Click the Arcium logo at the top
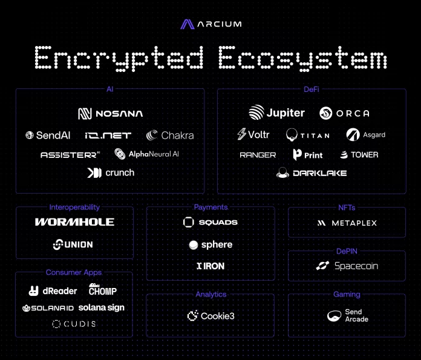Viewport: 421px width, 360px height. coord(211,24)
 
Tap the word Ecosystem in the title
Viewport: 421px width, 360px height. coord(302,58)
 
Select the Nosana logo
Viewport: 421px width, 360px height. coord(110,114)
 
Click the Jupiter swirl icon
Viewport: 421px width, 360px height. coord(256,113)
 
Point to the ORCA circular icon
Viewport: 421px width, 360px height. coord(325,113)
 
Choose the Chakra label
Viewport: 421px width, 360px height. coord(177,135)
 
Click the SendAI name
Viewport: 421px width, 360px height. coord(53,135)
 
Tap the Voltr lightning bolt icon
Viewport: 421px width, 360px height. coord(241,134)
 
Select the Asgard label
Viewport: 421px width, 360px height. coord(374,135)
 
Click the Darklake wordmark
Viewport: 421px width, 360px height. coord(320,173)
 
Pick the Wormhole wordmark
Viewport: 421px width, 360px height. coord(74,222)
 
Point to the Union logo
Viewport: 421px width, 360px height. coord(73,244)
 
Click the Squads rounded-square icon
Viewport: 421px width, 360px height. coord(189,222)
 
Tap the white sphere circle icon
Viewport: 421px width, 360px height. coord(194,245)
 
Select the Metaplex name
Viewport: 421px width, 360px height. coord(354,223)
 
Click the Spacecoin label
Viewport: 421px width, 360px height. coord(356,266)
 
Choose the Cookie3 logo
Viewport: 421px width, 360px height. coord(211,316)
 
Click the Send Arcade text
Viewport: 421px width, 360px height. coord(356,315)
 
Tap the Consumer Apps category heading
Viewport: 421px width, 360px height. coord(74,272)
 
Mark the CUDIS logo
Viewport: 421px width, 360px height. coord(74,324)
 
